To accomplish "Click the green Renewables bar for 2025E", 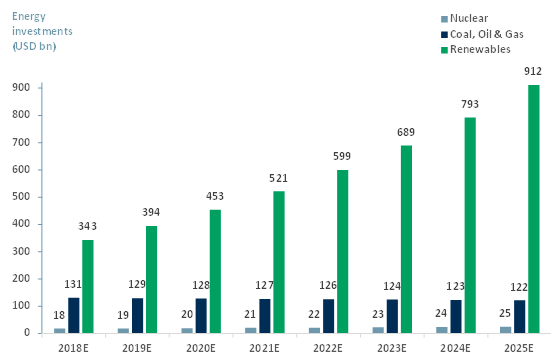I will pyautogui.click(x=534, y=209).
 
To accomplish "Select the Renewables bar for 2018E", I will pyautogui.click(x=88, y=286).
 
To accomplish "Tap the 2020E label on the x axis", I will pyautogui.click(x=201, y=348).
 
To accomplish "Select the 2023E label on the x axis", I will pyautogui.click(x=392, y=348).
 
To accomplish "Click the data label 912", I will pyautogui.click(x=533, y=71).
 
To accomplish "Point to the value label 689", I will pyautogui.click(x=406, y=132).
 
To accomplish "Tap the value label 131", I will pyautogui.click(x=74, y=285).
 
